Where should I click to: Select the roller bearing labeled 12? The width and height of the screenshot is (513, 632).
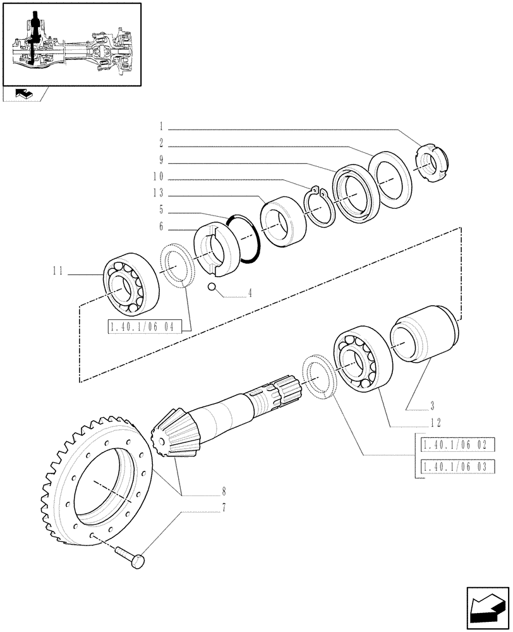point(359,359)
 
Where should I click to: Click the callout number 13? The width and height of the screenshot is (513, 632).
point(157,192)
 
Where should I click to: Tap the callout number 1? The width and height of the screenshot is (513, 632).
point(161,126)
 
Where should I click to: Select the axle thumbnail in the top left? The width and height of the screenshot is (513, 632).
point(71,44)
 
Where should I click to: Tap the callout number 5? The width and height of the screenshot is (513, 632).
point(161,209)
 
